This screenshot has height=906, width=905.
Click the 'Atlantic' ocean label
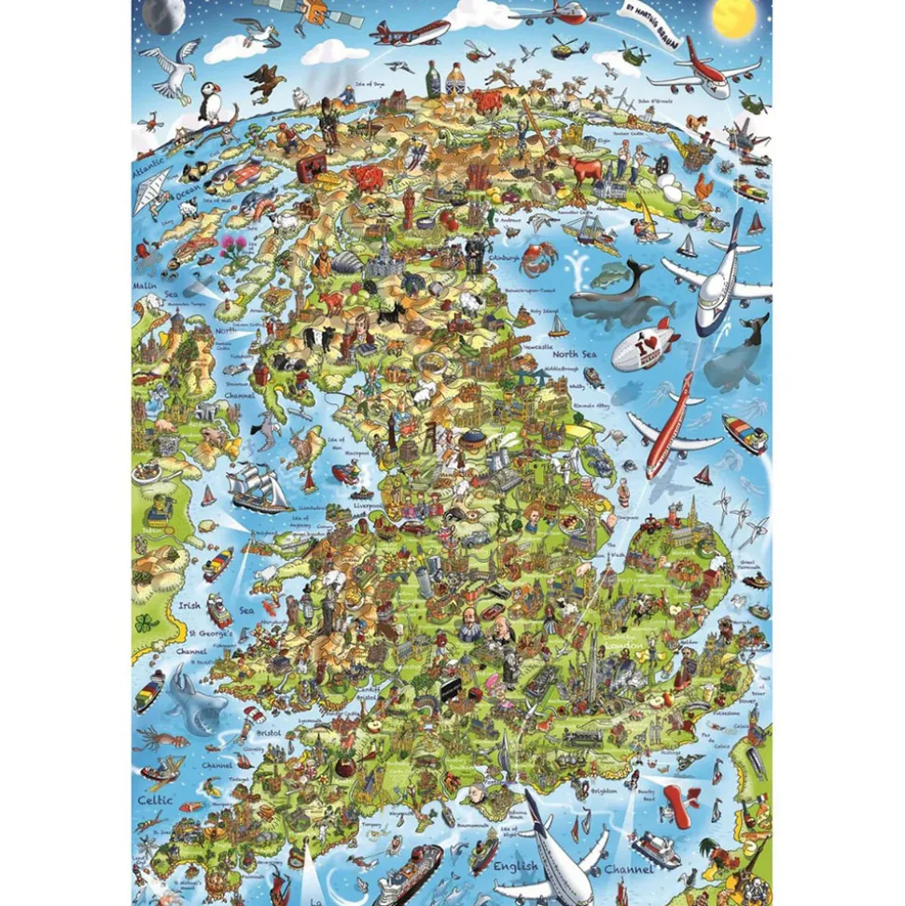coord(148,174)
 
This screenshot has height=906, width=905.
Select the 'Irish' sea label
coord(188,605)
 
